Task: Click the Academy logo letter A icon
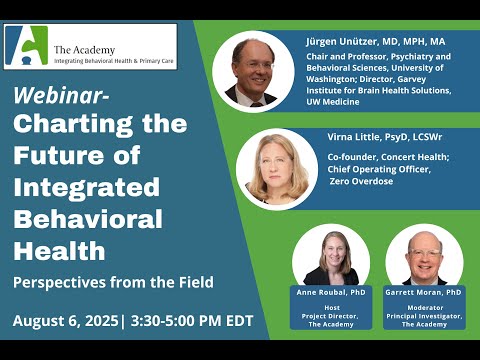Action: pos(27,45)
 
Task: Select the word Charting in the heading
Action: pos(73,125)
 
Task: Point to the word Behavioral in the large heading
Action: pos(88,219)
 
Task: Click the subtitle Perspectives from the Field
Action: pos(113,283)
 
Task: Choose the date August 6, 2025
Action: pos(65,321)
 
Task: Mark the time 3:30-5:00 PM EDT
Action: pos(192,321)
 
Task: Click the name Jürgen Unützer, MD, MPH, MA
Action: pos(376,42)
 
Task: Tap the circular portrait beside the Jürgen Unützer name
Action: pos(253,71)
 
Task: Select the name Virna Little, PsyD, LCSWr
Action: pos(385,137)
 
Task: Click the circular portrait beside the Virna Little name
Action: pos(277,169)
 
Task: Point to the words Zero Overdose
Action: pos(362,181)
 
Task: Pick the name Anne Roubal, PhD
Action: pos(331,292)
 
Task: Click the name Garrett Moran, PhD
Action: pos(423,292)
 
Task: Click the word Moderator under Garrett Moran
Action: pos(425,308)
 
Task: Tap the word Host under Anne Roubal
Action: pos(332,308)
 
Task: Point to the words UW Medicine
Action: pos(333,102)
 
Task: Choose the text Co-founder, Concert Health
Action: pos(388,157)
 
